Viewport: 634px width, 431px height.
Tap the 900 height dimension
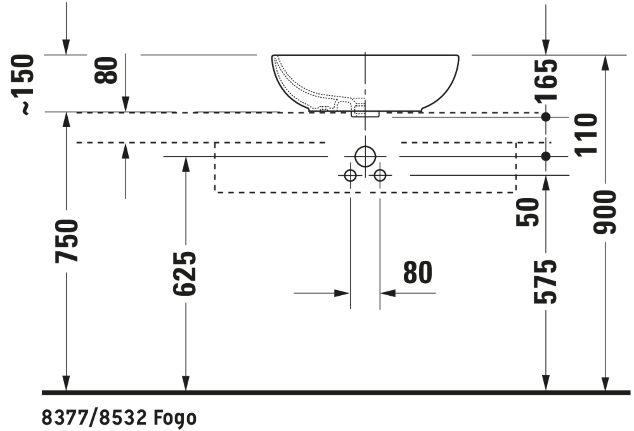[605, 212]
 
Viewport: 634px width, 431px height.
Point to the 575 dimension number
[545, 282]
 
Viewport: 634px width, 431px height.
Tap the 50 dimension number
[527, 212]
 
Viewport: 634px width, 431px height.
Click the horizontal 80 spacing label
[418, 272]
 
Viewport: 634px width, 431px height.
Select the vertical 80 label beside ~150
[106, 70]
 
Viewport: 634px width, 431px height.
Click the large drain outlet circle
[365, 157]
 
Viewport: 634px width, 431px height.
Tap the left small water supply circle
[350, 175]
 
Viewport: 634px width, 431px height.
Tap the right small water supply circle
[380, 175]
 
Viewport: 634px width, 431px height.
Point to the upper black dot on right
[546, 117]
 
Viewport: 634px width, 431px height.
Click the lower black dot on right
[546, 157]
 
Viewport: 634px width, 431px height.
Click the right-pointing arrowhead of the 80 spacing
[342, 293]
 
